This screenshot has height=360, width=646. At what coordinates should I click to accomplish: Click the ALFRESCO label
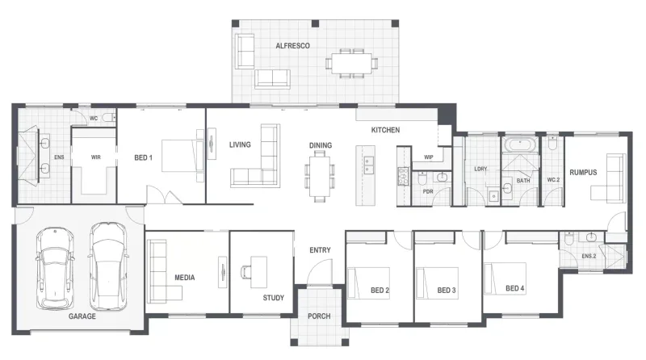tap(292, 46)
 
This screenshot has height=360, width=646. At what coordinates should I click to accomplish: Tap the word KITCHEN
tap(385, 130)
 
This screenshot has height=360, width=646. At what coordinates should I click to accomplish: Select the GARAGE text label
tap(82, 316)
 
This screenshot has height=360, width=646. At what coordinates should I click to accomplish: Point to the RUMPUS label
tap(583, 173)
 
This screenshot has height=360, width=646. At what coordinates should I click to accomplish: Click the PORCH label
tap(319, 316)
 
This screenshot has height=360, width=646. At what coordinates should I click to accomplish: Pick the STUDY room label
tap(274, 298)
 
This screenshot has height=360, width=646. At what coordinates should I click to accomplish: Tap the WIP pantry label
tap(429, 157)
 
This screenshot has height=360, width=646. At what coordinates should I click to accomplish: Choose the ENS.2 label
tap(589, 256)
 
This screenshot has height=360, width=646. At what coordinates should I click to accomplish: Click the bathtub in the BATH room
tap(521, 145)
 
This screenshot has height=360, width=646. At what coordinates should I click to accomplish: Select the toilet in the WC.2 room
tap(552, 144)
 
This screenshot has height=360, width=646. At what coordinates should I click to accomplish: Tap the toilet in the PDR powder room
tap(422, 178)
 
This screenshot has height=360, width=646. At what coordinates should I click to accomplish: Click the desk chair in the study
tap(246, 272)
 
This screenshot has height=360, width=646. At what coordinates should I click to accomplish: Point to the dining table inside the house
tap(320, 176)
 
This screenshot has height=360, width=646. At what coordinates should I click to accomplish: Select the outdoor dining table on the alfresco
tap(351, 64)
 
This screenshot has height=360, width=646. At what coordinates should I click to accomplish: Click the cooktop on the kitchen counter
tap(402, 177)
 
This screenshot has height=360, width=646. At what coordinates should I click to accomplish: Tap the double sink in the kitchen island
tap(369, 165)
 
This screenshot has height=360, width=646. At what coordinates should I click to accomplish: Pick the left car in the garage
tap(55, 269)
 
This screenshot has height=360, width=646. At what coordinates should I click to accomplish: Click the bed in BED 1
tap(179, 156)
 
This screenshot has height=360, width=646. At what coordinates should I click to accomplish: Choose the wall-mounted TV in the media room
tap(223, 272)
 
